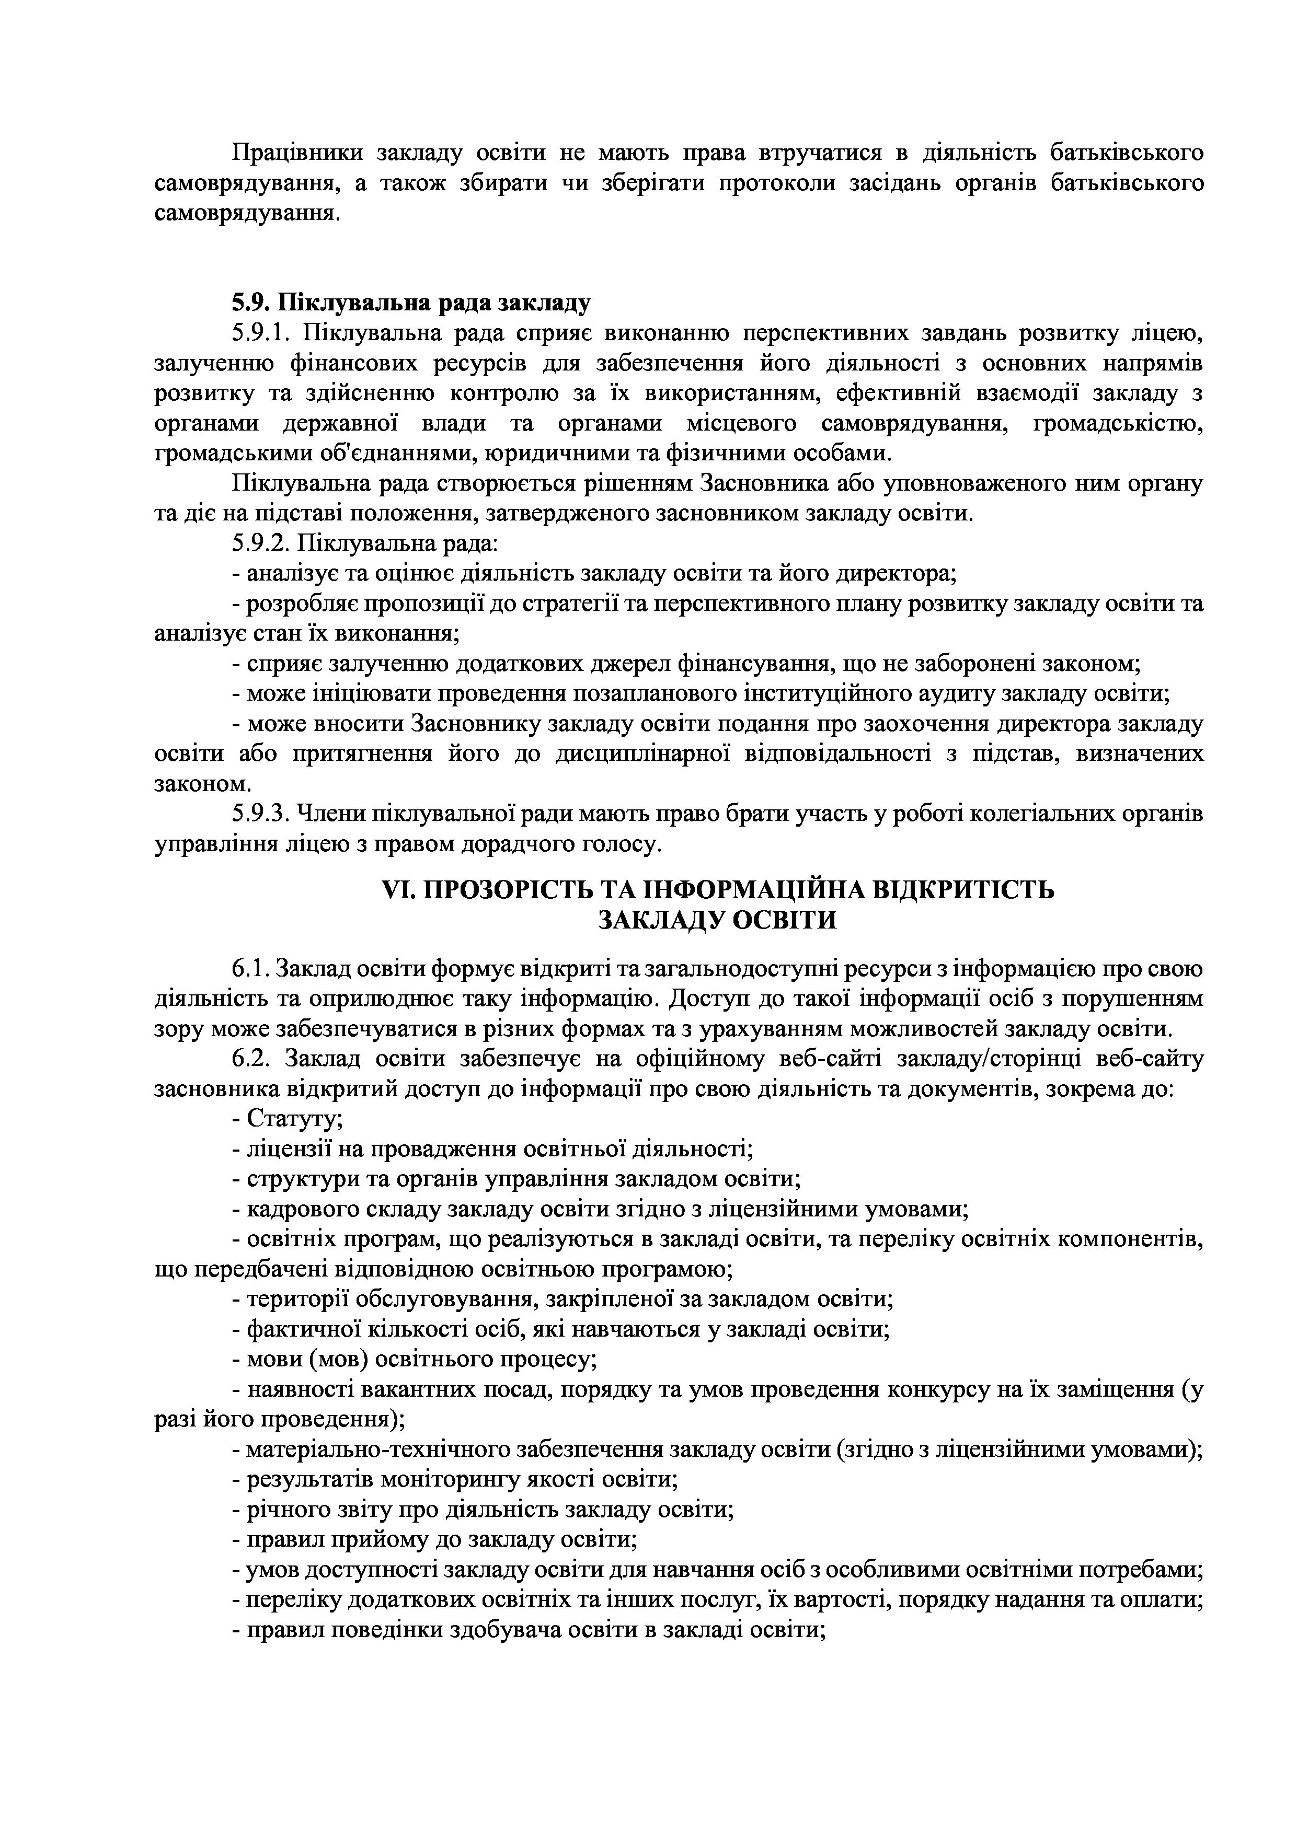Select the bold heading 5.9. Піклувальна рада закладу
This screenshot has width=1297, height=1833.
[411, 304]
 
